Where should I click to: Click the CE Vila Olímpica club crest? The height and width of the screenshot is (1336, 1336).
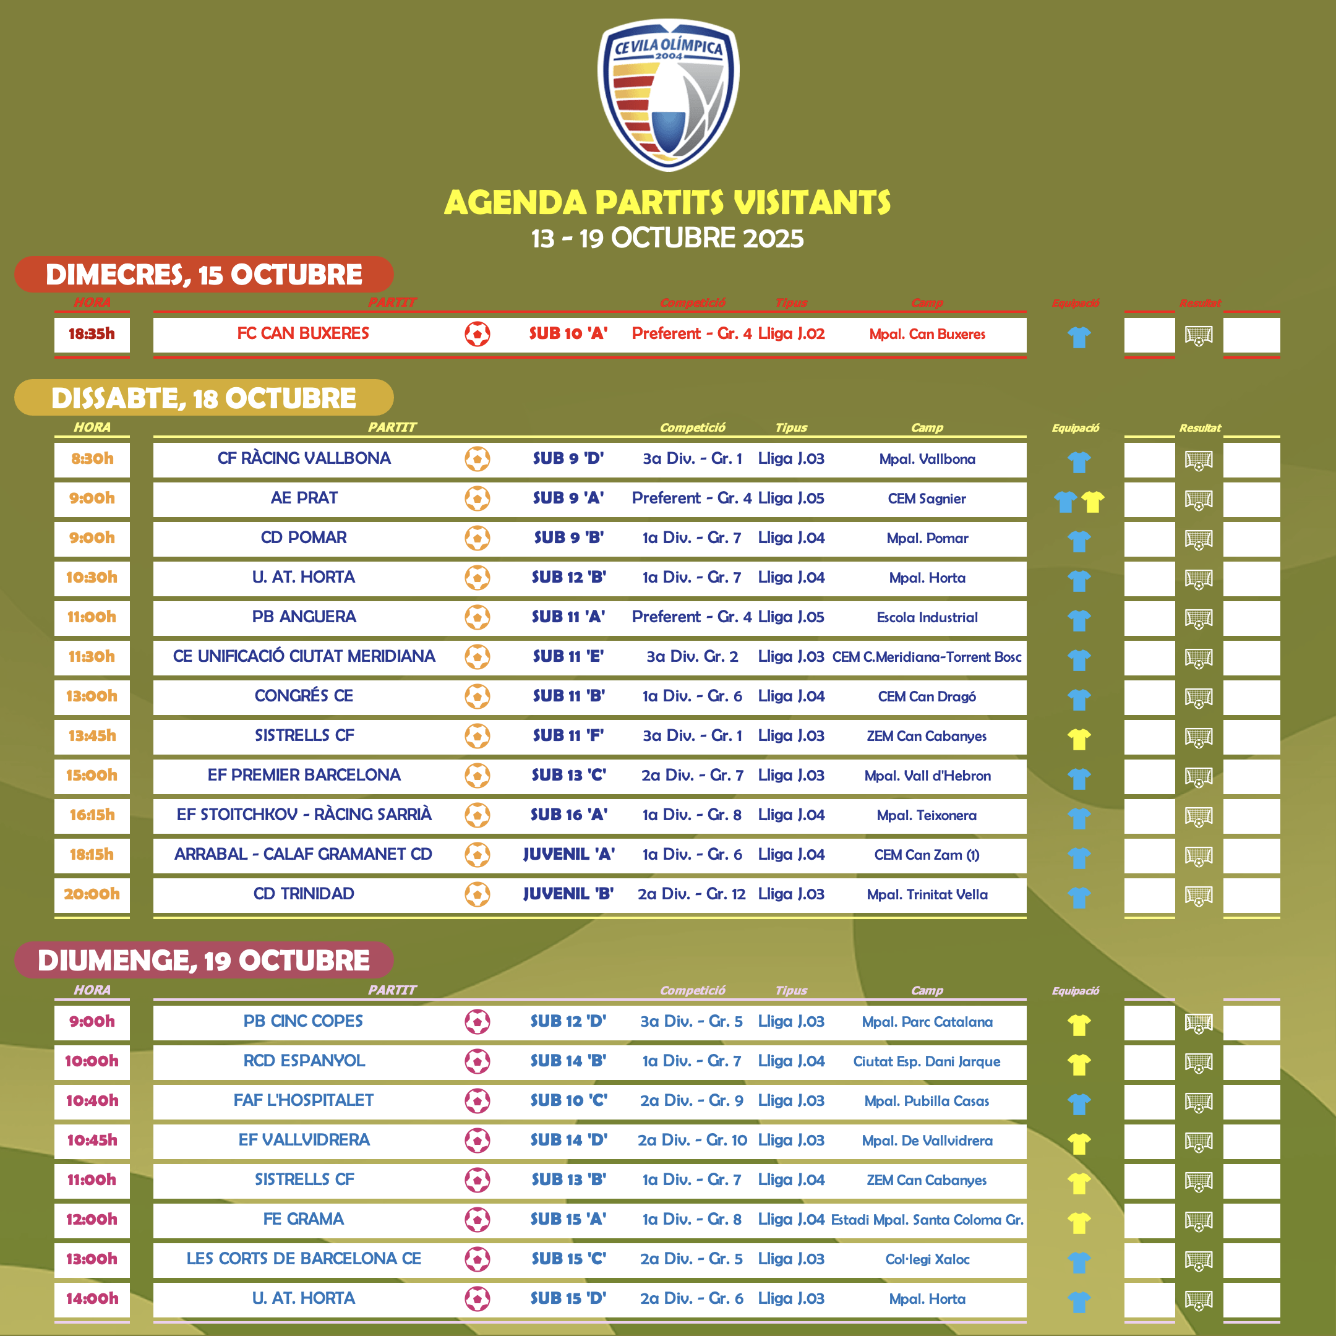tap(668, 95)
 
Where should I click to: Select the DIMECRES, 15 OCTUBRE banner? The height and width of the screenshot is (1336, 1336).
tap(204, 275)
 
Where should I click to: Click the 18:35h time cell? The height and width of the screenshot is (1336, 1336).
tap(92, 334)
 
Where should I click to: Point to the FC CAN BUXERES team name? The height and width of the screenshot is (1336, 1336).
tap(303, 333)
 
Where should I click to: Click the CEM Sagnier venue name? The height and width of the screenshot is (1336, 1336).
tap(927, 499)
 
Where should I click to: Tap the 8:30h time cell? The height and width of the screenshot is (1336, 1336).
tap(92, 458)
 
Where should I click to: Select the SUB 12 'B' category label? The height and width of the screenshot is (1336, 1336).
tap(568, 578)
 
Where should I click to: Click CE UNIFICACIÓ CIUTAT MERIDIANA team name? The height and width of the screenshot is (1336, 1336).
tap(304, 656)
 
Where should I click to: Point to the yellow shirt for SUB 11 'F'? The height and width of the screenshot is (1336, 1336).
tap(1079, 739)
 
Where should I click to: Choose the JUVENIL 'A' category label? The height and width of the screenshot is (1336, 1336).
tap(568, 855)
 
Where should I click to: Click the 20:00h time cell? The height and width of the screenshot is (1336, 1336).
tap(92, 894)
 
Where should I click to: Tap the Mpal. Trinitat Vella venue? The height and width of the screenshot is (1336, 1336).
tap(927, 895)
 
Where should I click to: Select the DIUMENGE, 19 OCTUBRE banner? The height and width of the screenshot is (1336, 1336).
tap(204, 961)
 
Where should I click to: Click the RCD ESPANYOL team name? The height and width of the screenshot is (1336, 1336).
tap(304, 1061)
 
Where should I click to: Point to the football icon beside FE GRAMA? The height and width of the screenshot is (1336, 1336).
tap(477, 1220)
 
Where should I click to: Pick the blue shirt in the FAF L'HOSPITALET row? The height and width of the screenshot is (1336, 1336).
tap(1079, 1103)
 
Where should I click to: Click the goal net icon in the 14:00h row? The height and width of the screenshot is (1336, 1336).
tap(1199, 1301)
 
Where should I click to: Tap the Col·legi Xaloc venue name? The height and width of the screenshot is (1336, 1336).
tap(927, 1259)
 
